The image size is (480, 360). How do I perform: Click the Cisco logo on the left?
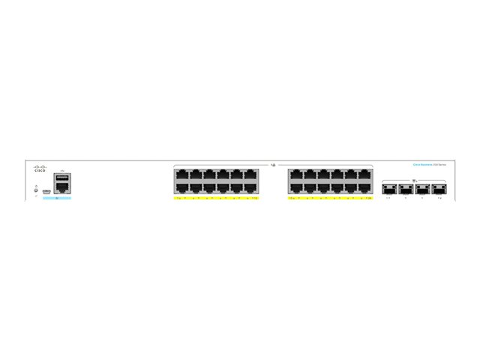pyautogui.click(x=40, y=169)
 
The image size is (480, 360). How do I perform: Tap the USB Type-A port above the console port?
pyautogui.click(x=61, y=177)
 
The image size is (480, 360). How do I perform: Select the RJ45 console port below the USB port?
pyautogui.click(x=61, y=189)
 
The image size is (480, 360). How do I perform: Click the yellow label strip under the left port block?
pyautogui.click(x=217, y=199)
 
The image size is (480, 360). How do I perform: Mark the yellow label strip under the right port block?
pyautogui.click(x=330, y=199)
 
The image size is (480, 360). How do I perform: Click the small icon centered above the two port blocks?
pyautogui.click(x=274, y=163)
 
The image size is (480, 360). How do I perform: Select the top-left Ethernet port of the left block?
pyautogui.click(x=181, y=175)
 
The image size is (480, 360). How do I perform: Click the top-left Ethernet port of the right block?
pyautogui.click(x=295, y=175)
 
